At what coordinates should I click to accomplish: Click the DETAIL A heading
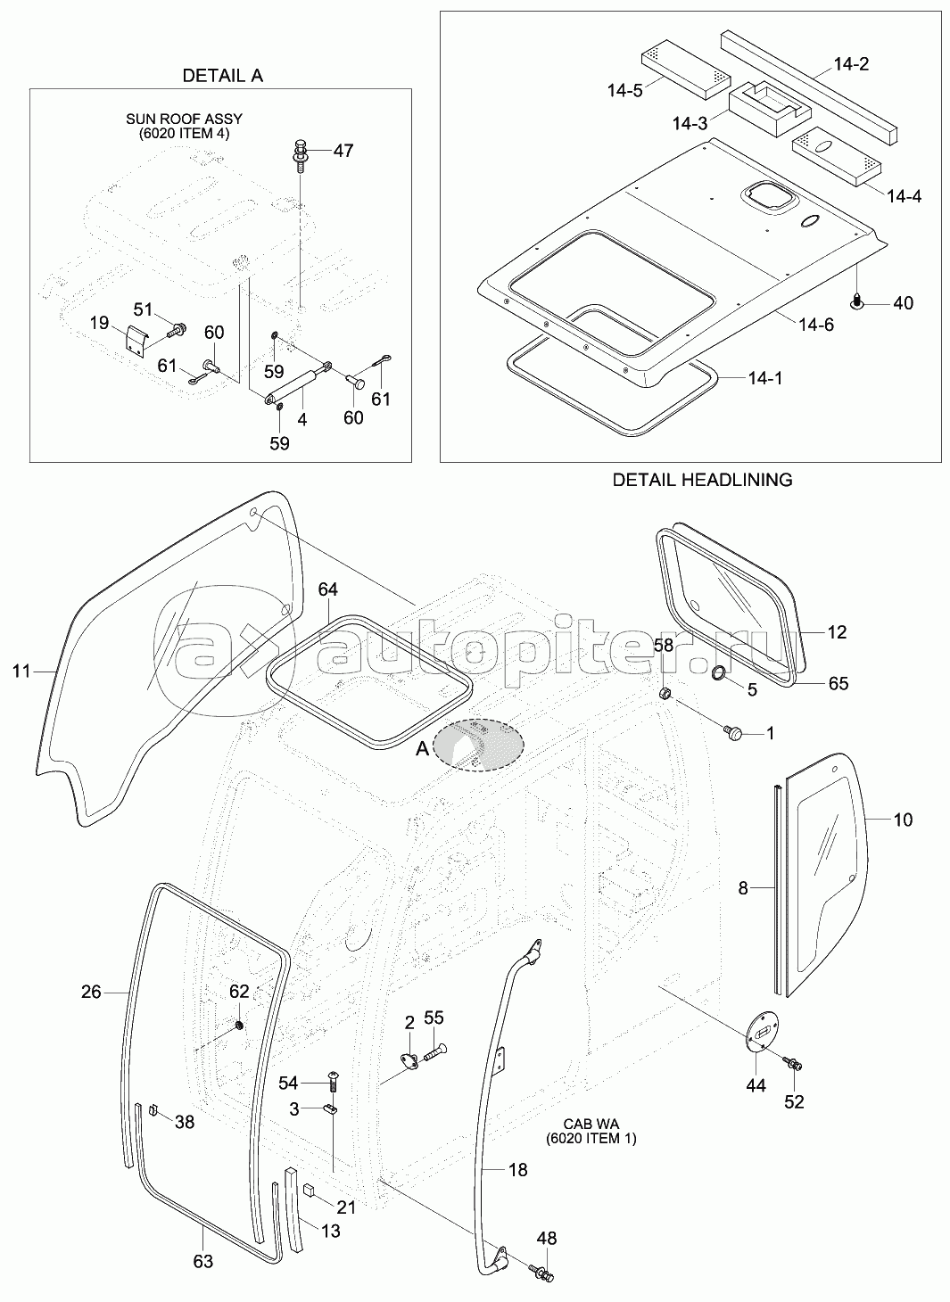tap(222, 76)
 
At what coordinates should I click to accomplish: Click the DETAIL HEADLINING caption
tap(702, 480)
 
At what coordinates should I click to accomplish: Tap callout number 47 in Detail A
tap(343, 151)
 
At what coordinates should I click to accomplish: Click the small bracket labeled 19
tap(133, 340)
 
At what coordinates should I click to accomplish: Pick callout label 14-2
tap(851, 64)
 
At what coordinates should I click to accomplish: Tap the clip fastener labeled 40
tap(859, 302)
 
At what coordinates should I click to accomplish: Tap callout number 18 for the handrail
tap(516, 1169)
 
